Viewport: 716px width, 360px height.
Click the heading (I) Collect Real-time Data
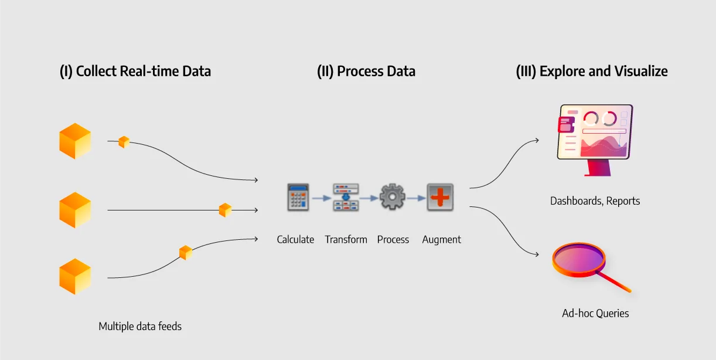[x=135, y=72]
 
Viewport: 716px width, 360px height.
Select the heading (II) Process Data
[x=366, y=72]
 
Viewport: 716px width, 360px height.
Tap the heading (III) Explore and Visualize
[x=592, y=72]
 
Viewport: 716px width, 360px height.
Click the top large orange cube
[x=75, y=141]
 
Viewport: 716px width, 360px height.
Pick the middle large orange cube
[x=75, y=210]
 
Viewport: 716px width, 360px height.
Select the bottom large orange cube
[x=75, y=277]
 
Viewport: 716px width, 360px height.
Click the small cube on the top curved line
[x=124, y=142]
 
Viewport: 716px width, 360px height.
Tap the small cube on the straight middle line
[x=225, y=210]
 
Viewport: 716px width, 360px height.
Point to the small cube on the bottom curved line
[x=185, y=253]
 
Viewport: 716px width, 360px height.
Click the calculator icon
[x=298, y=198]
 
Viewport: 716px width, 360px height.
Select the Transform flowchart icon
[x=346, y=198]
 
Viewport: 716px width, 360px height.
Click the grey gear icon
[x=392, y=198]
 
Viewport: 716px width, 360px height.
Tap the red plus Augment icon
[x=439, y=198]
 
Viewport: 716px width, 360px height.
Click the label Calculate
[x=295, y=239]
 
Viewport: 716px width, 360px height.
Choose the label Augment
[x=441, y=239]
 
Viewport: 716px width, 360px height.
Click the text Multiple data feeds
[x=140, y=327]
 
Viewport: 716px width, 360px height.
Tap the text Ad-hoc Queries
[x=595, y=313]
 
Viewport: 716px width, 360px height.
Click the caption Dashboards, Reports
[x=595, y=201]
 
